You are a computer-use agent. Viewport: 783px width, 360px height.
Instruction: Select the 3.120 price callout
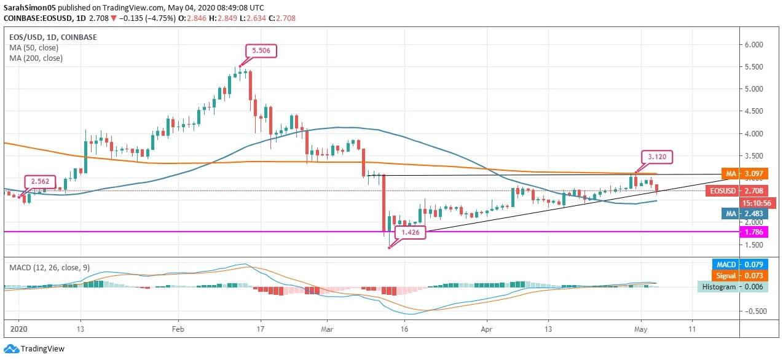(657, 157)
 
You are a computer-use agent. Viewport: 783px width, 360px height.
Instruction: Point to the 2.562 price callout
(41, 182)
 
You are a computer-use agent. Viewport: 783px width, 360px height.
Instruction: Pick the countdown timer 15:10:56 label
(757, 202)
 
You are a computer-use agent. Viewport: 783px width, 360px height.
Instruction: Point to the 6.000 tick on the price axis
(754, 45)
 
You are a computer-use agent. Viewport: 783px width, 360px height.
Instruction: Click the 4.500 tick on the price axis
(754, 111)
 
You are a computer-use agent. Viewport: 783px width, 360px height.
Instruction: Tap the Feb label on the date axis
(178, 329)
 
